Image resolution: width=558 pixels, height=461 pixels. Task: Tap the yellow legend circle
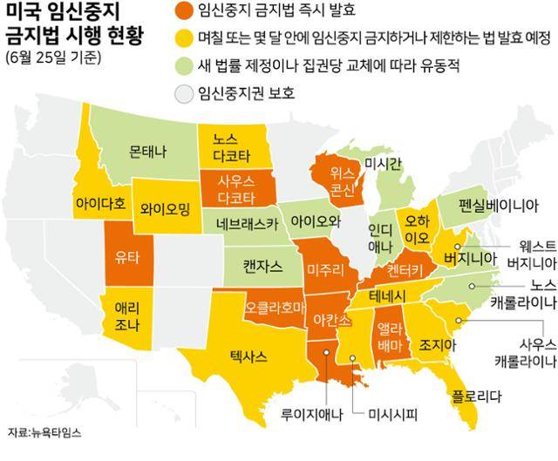coord(182,39)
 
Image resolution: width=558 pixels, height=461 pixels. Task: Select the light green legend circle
coord(182,65)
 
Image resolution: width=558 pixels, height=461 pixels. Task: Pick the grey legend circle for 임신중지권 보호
coord(182,92)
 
